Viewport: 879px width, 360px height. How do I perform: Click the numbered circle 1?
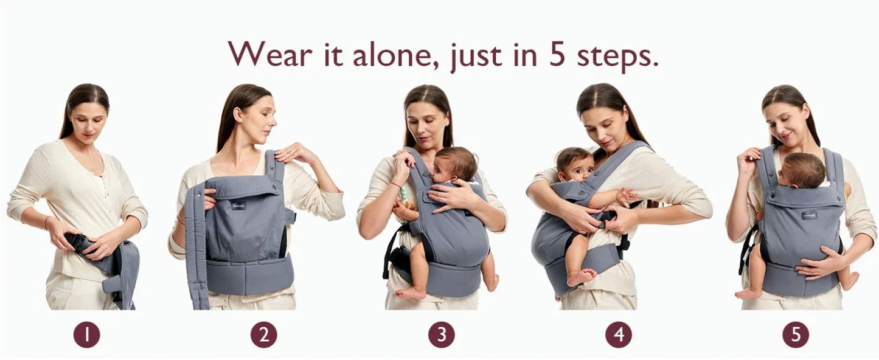86,334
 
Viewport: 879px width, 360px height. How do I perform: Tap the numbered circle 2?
263,334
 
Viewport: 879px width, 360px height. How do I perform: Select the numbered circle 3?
441,334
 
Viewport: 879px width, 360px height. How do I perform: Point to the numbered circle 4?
618,334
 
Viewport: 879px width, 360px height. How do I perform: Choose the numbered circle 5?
796,334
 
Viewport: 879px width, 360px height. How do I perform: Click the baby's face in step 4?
575,166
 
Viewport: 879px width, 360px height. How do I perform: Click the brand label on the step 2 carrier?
238,206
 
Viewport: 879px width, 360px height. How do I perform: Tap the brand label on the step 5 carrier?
809,215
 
